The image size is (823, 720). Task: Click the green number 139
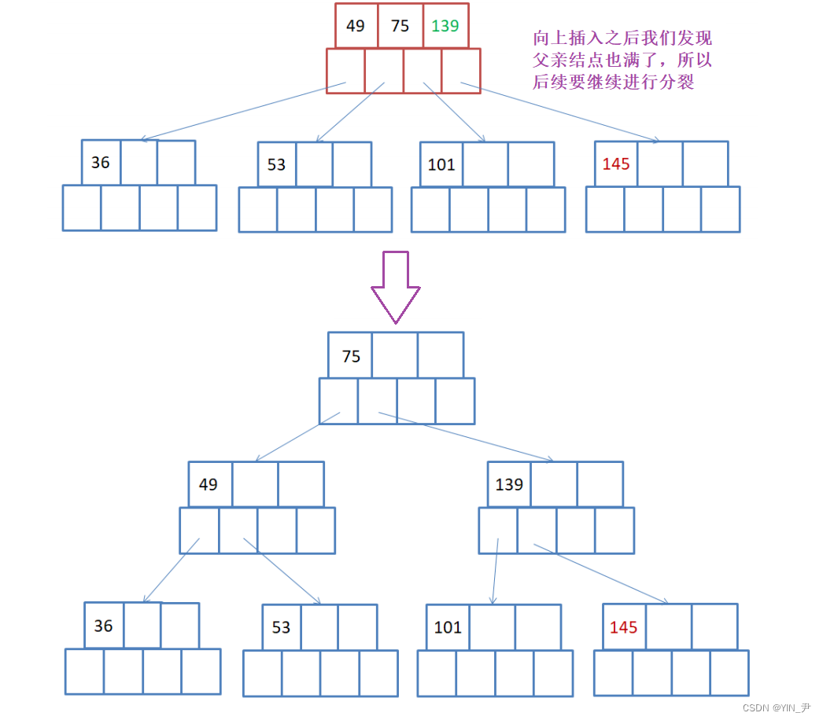coord(445,26)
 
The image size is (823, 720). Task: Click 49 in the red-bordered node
coord(356,26)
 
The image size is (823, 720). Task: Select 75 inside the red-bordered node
coord(400,26)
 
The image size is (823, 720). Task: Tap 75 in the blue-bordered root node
coord(351,356)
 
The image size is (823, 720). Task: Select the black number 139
coord(509,484)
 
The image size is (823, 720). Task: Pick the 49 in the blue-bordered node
coord(209,484)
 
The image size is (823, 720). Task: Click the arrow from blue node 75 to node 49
coord(297,436)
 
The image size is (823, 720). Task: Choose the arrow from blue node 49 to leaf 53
coord(282,571)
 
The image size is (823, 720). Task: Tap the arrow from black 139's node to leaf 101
coord(495,571)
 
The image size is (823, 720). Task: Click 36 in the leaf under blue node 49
coord(104,626)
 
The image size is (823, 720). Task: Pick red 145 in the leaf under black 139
coord(624,627)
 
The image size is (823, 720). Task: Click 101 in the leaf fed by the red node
coord(441,164)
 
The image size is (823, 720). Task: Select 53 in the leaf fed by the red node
coord(276,165)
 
